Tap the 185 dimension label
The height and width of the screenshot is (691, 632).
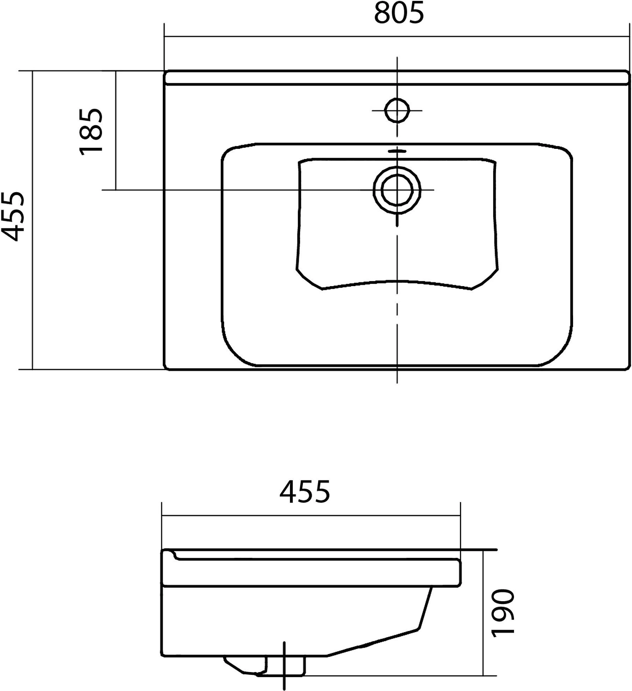tap(91, 131)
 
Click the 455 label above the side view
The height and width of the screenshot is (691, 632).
tap(304, 491)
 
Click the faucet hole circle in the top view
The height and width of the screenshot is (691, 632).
tap(397, 110)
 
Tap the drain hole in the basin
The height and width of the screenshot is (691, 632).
tap(397, 190)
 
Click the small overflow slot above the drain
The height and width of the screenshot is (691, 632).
tap(397, 151)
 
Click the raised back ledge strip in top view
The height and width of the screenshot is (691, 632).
tap(396, 77)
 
